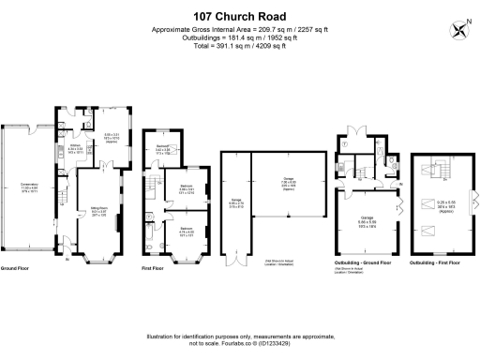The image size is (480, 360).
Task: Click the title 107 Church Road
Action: [x=239, y=16]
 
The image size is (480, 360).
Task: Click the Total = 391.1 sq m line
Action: [x=239, y=44]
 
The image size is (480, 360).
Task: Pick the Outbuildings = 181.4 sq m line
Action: [x=239, y=37]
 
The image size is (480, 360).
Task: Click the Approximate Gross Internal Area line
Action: [x=239, y=29]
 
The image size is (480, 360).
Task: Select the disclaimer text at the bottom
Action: [x=239, y=338]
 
